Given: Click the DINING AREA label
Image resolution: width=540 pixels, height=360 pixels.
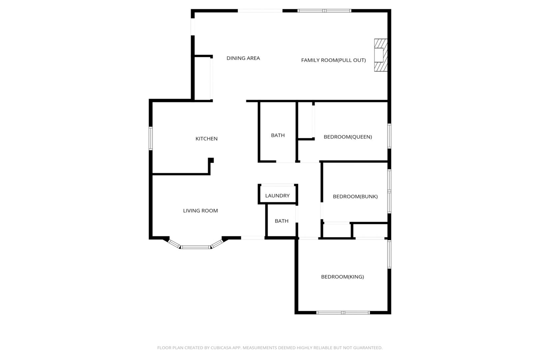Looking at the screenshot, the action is tap(243, 58).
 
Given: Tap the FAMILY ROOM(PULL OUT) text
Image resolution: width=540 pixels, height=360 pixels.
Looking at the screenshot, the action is tap(333, 60).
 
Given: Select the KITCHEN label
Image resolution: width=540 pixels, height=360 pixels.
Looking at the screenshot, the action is tap(206, 138).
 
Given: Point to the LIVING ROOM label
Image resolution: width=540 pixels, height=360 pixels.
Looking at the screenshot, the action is tap(200, 211).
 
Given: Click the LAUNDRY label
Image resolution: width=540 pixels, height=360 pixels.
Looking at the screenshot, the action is tap(277, 196).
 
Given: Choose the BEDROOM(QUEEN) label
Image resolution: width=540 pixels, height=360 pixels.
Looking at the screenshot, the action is tap(348, 137).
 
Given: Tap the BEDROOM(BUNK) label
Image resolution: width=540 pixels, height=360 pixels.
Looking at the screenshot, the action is tap(355, 196).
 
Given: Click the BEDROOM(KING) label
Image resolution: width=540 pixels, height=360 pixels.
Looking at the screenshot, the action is tap(342, 277).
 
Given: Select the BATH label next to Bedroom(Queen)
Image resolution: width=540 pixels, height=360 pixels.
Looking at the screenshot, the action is tap(278, 135).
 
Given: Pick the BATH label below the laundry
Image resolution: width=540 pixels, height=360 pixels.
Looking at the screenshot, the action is tap(281, 221).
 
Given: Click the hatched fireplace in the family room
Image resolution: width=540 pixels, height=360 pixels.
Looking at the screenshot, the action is tap(381, 55).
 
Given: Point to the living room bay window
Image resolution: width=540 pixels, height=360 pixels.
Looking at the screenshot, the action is tap(196, 247).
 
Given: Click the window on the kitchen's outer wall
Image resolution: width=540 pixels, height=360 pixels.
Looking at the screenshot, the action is tap(151, 138).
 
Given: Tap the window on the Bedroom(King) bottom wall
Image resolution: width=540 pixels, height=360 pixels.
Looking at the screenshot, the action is tap(343, 312).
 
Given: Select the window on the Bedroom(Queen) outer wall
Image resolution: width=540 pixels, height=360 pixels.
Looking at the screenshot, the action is tap(389, 136).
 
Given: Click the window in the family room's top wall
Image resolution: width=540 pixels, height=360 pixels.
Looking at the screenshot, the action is tap(324, 11).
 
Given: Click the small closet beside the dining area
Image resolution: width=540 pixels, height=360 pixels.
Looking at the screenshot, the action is tap(203, 78).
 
